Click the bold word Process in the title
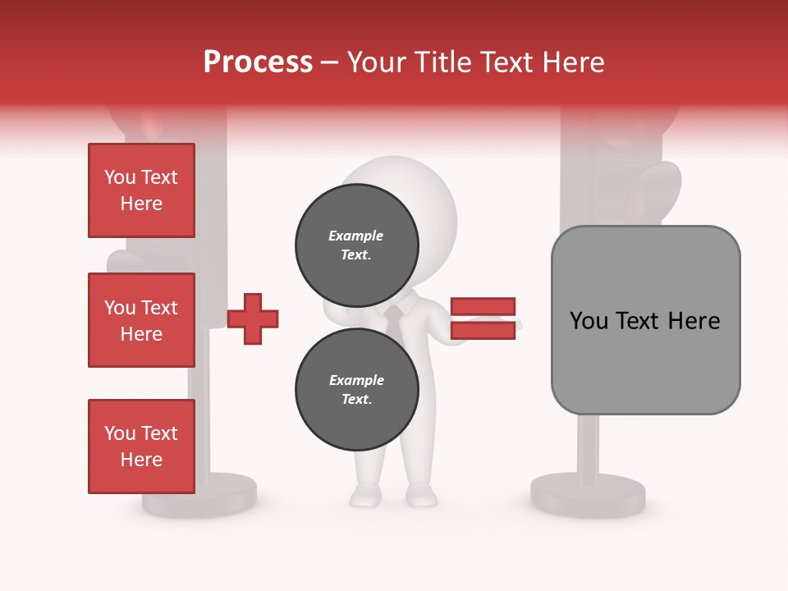(x=258, y=62)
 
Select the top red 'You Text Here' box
(x=141, y=190)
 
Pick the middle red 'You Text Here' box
(x=141, y=320)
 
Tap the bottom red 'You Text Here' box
(x=141, y=447)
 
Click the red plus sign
(x=253, y=318)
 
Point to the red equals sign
(x=483, y=318)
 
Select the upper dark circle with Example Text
(x=357, y=245)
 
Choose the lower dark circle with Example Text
(x=357, y=389)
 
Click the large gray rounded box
(x=645, y=320)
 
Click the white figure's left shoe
(x=365, y=495)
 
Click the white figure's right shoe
(x=421, y=495)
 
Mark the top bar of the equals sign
(x=483, y=307)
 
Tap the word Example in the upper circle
(x=356, y=236)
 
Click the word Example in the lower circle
(x=356, y=380)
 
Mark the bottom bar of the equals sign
(x=483, y=330)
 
